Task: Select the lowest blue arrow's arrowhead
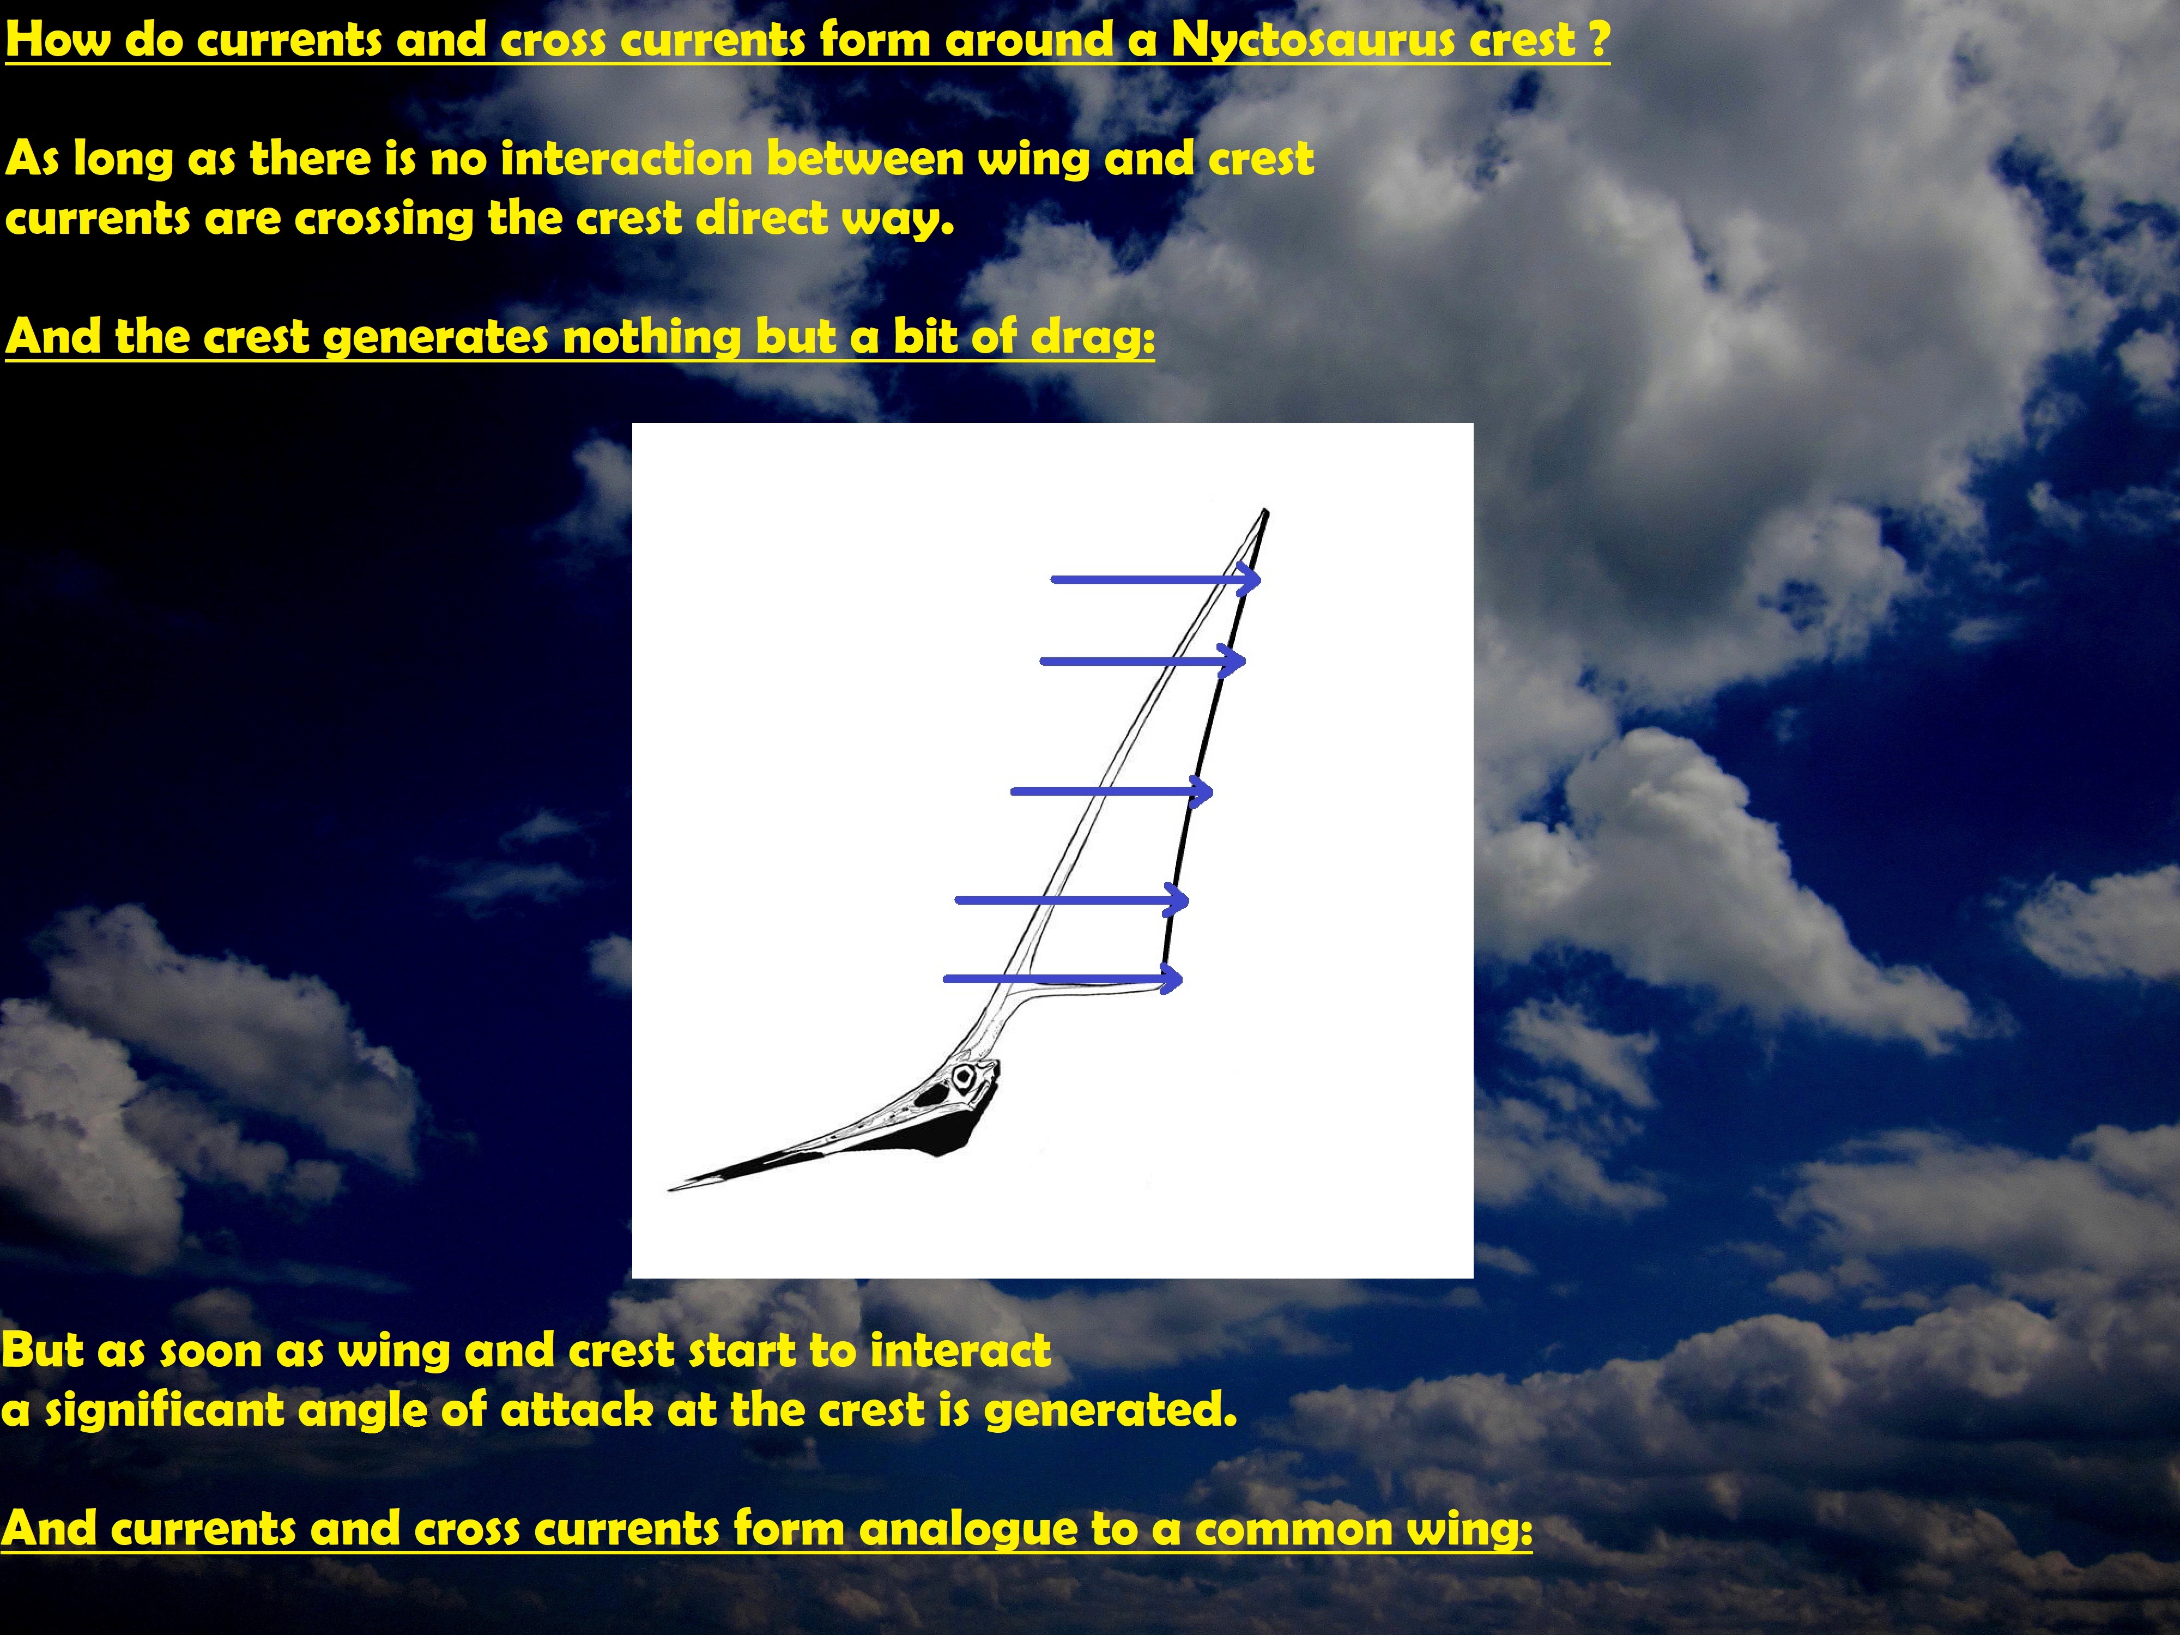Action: (1171, 979)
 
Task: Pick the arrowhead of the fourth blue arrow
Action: (1177, 899)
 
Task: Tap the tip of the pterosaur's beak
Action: (671, 1190)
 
